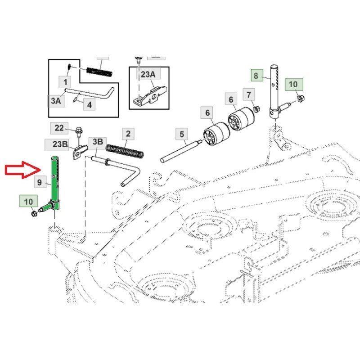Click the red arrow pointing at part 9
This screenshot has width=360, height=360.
(x=22, y=170)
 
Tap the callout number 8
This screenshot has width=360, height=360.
(x=256, y=76)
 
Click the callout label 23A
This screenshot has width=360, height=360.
(x=148, y=75)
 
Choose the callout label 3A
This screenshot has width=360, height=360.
(x=55, y=101)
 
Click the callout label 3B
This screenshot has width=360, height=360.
(x=97, y=142)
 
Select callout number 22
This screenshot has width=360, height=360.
(x=59, y=128)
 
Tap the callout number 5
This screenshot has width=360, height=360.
(x=182, y=134)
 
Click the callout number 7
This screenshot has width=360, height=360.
(x=249, y=95)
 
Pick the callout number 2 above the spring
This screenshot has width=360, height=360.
(x=128, y=134)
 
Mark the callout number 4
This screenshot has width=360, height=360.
(x=89, y=105)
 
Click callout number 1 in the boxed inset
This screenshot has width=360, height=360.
(x=66, y=82)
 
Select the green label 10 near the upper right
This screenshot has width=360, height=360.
(x=293, y=84)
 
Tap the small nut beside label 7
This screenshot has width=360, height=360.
(x=256, y=108)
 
